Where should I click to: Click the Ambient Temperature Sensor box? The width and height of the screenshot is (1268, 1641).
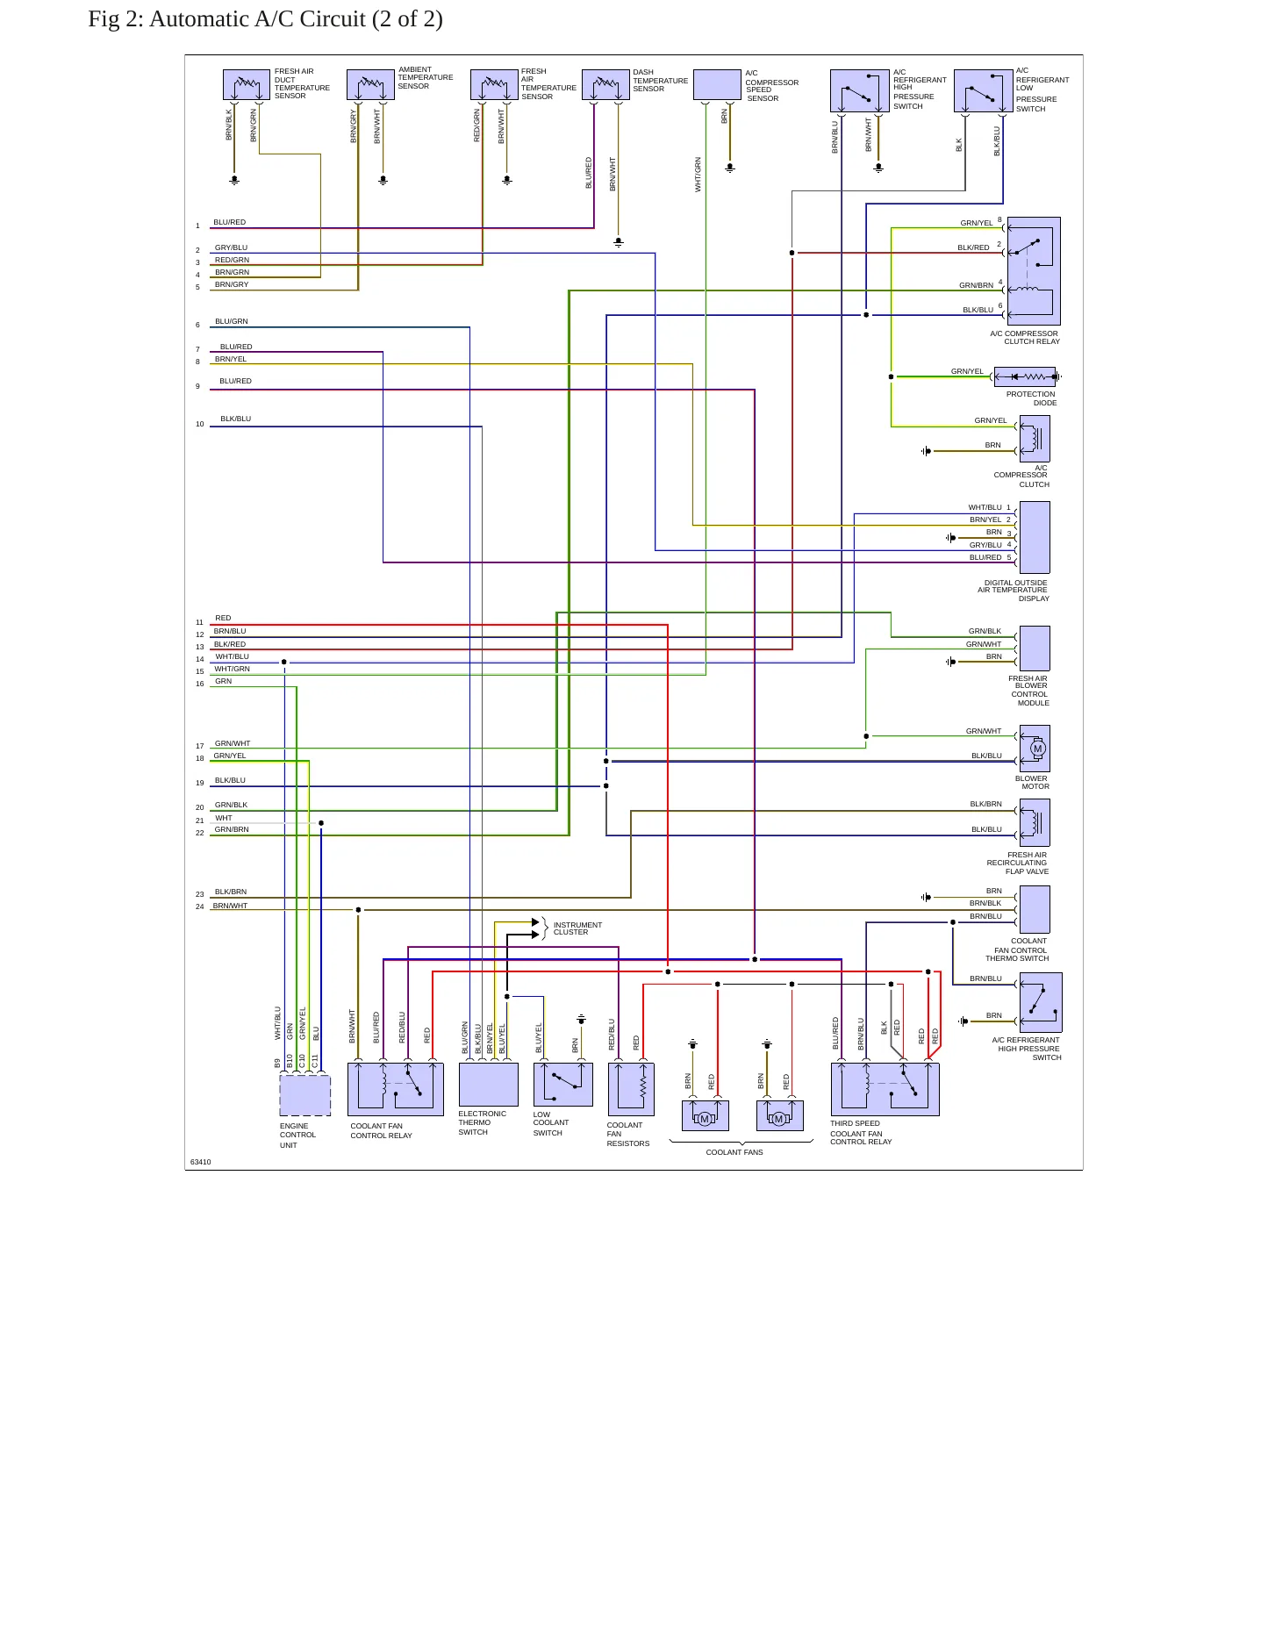click(370, 85)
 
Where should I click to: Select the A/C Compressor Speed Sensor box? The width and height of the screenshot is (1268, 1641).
click(717, 85)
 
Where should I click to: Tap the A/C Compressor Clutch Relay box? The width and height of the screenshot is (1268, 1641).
click(1034, 271)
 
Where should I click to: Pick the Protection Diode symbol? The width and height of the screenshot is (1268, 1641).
click(1024, 377)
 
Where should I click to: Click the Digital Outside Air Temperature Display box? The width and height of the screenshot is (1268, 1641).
click(1035, 537)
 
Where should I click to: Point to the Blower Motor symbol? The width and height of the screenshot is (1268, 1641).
click(1035, 749)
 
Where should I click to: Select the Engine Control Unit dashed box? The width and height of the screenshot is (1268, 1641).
click(305, 1095)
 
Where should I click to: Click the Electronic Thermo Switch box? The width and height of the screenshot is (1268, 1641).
click(489, 1085)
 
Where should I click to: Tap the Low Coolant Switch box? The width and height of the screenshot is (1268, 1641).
click(563, 1085)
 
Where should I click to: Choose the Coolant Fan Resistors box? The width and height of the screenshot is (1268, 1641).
click(631, 1089)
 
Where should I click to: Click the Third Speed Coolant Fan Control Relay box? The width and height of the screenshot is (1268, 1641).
click(885, 1089)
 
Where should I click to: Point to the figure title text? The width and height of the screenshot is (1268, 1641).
click(265, 18)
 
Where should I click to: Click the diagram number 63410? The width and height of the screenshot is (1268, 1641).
click(201, 1162)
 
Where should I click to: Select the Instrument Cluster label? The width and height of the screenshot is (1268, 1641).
click(577, 928)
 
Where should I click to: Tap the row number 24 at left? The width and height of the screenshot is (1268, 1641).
click(200, 906)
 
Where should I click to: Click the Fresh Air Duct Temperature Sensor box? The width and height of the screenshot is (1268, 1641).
click(247, 85)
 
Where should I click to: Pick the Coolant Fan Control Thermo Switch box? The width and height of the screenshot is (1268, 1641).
click(1035, 909)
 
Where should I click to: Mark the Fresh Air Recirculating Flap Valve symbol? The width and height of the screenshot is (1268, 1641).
click(1035, 822)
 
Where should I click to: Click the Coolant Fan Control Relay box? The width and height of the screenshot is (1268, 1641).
click(396, 1089)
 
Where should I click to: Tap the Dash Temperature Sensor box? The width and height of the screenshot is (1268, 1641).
click(605, 85)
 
